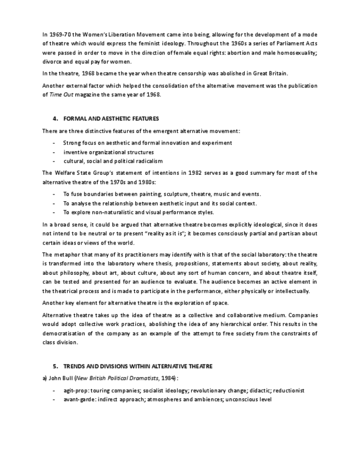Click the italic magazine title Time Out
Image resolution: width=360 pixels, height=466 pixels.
coord(62,95)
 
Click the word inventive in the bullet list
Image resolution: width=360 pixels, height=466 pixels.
coord(75,152)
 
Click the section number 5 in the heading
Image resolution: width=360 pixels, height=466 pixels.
coord(55,366)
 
